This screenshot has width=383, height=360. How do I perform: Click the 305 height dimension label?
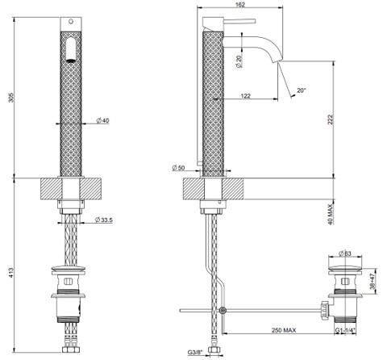click(x=11, y=98)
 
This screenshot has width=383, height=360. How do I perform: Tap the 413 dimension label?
click(x=11, y=272)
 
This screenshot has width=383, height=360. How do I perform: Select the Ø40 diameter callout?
click(x=103, y=120)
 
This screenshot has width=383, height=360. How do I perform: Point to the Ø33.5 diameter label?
click(x=104, y=220)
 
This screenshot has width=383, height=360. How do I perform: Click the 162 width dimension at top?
click(x=239, y=5)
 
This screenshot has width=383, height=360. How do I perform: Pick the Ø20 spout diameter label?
click(x=239, y=61)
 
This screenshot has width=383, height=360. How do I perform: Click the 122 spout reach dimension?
click(x=245, y=95)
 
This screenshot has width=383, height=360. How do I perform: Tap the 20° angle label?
click(x=302, y=90)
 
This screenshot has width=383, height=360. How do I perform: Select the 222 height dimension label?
click(x=331, y=119)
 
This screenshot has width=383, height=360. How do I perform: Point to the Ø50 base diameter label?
click(x=178, y=168)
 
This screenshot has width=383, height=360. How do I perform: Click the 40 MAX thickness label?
click(x=331, y=214)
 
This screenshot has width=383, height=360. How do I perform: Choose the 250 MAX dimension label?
click(x=284, y=330)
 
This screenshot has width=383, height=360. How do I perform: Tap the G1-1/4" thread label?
click(x=345, y=330)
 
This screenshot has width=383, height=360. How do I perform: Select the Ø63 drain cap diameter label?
click(x=345, y=253)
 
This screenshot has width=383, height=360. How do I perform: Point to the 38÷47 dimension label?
click(x=373, y=281)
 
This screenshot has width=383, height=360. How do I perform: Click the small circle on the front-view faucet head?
click(x=70, y=21)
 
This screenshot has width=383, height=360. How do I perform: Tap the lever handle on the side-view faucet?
click(x=239, y=21)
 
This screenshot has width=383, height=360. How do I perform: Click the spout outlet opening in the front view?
click(x=70, y=61)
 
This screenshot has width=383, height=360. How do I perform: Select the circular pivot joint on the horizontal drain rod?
click(x=223, y=311)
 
